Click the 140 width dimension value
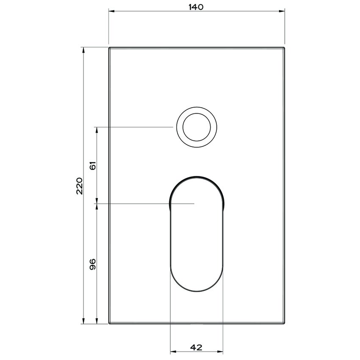pyautogui.click(x=197, y=7)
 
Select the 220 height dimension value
pyautogui.click(x=79, y=186)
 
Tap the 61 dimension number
pyautogui.click(x=93, y=165)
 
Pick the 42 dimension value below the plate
pyautogui.click(x=196, y=347)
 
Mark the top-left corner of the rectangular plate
pyautogui.click(x=109, y=47)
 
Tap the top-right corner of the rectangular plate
pyautogui.click(x=284, y=47)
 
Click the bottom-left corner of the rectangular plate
pyautogui.click(x=109, y=324)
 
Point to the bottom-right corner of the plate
pyautogui.click(x=284, y=324)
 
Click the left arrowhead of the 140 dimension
pyautogui.click(x=111, y=11)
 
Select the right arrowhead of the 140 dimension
pyautogui.click(x=282, y=11)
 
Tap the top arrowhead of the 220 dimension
pyautogui.click(x=83, y=50)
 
